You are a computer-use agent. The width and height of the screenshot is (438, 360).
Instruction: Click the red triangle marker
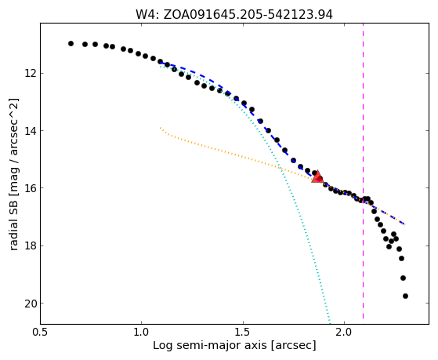pyautogui.click(x=317, y=176)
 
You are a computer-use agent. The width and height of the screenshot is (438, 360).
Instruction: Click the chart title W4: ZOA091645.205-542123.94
pyautogui.click(x=234, y=15)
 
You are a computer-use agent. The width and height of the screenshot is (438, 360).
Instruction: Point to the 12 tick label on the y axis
pyautogui.click(x=31, y=74)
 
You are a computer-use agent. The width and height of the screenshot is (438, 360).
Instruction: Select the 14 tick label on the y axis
pyautogui.click(x=31, y=131)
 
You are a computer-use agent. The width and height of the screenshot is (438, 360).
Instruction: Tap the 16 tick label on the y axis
pyautogui.click(x=31, y=188)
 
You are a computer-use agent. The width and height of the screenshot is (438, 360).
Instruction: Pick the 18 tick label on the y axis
pyautogui.click(x=31, y=245)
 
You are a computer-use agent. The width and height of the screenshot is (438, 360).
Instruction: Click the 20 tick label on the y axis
pyautogui.click(x=31, y=304)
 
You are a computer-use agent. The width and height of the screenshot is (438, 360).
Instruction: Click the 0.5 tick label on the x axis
pyautogui.click(x=40, y=333)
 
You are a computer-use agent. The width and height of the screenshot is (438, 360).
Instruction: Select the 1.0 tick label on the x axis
pyautogui.click(x=142, y=333)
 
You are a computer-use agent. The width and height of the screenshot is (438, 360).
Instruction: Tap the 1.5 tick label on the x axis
pyautogui.click(x=243, y=333)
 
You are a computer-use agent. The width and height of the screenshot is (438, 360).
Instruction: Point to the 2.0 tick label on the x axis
pyautogui.click(x=345, y=333)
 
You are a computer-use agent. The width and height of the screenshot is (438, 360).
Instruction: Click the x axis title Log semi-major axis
pyautogui.click(x=210, y=346)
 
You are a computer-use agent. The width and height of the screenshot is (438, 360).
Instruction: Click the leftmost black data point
pyautogui.click(x=71, y=43)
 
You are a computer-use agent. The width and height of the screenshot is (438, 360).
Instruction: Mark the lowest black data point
pyautogui.click(x=405, y=296)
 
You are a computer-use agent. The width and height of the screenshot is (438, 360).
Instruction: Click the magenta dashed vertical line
pyautogui.click(x=363, y=171)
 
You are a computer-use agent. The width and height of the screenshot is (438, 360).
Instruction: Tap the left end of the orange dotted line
pyautogui.click(x=160, y=128)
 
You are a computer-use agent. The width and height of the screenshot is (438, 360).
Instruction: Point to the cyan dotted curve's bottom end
pyautogui.click(x=330, y=323)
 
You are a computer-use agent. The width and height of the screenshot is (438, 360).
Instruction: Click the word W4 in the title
pyautogui.click(x=146, y=15)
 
